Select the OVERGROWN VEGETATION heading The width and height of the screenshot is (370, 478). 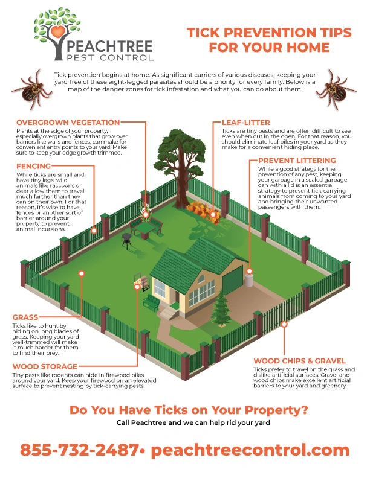[68, 123]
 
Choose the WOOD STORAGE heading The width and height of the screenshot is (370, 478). [45, 366]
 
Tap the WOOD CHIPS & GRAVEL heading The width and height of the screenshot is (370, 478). [299, 360]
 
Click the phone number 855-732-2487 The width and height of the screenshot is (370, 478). [78, 450]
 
